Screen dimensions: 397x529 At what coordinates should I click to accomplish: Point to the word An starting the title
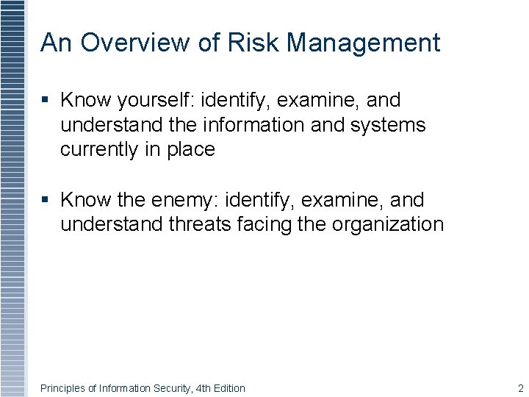point(55,43)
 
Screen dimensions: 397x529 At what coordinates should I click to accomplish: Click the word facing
point(263,224)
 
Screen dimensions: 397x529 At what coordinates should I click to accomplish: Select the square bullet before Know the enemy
point(46,200)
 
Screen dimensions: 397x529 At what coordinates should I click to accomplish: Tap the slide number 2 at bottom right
point(520,387)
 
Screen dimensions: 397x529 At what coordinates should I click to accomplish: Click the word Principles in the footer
point(62,388)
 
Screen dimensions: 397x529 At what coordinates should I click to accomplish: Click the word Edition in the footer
point(229,388)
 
